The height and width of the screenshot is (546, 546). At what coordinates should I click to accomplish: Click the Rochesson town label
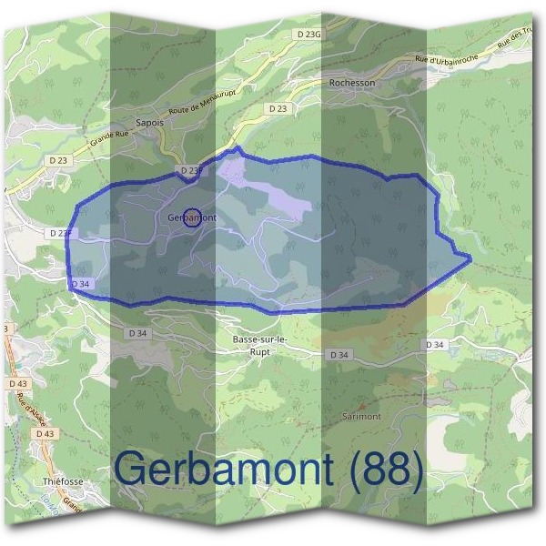351,82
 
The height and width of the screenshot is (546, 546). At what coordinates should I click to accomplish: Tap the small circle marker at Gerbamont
191,217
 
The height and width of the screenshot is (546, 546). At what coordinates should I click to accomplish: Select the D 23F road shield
59,233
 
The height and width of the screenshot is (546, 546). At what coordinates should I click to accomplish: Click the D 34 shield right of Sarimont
435,345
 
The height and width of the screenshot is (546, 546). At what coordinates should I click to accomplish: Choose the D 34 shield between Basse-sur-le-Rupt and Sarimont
339,354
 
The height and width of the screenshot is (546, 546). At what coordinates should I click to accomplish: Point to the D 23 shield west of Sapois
59,160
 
